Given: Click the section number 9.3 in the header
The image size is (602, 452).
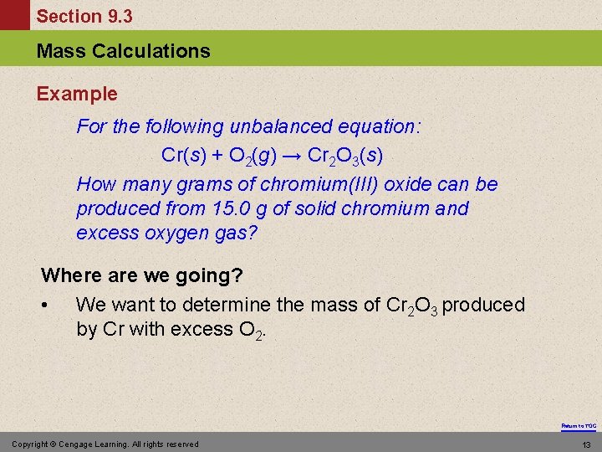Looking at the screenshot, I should [116, 16].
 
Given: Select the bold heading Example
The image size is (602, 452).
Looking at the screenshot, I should [77, 94].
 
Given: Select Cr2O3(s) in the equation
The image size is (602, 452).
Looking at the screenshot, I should [345, 156].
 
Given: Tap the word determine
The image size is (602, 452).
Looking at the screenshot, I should [235, 305].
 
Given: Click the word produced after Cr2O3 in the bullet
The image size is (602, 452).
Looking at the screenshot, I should [483, 305].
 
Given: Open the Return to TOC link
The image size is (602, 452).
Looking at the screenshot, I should [579, 426].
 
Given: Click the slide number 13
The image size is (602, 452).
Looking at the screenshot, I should [586, 444].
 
